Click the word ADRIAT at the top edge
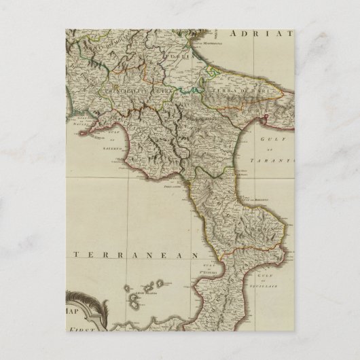(262, 33)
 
